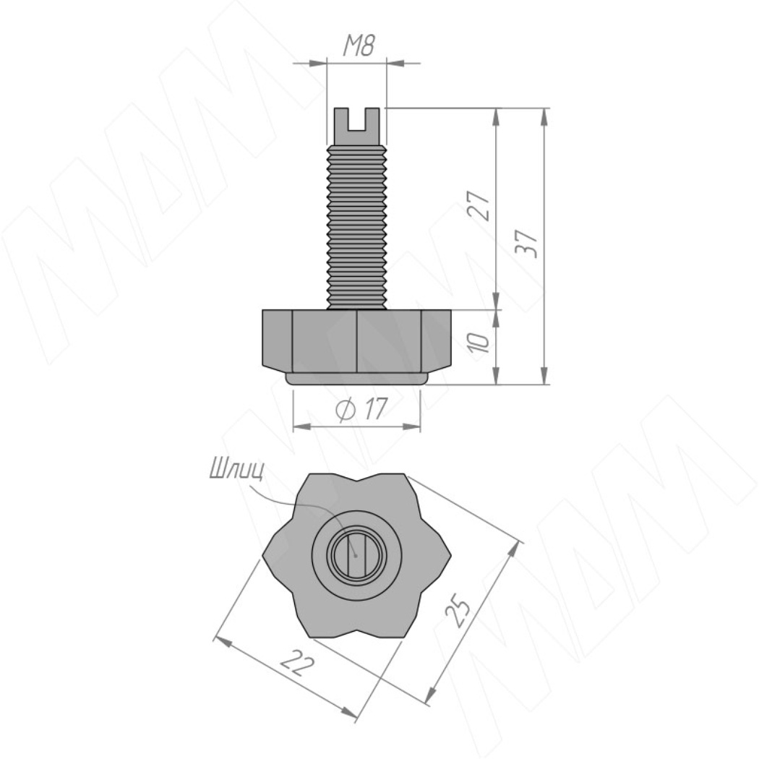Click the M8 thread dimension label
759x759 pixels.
click(x=359, y=46)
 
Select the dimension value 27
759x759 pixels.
click(x=479, y=206)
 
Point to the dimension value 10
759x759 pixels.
click(x=479, y=342)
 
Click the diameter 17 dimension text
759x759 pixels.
click(x=361, y=409)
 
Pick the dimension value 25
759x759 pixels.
click(x=458, y=613)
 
